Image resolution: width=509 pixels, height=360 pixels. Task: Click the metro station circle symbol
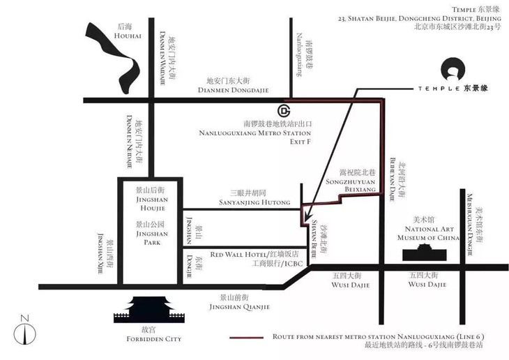(284, 111)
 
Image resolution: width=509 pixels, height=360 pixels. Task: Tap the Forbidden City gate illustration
(151, 313)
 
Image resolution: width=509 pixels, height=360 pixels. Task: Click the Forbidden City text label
(151, 340)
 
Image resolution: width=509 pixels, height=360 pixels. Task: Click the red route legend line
(248, 338)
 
